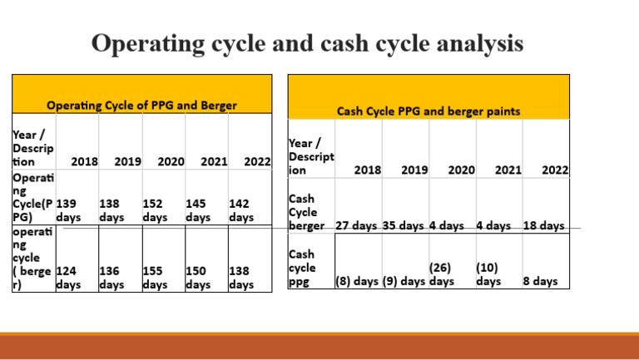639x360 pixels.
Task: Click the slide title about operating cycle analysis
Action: click(x=307, y=43)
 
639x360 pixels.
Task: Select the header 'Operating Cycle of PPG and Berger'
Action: click(x=141, y=106)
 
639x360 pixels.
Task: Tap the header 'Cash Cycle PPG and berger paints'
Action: click(x=428, y=110)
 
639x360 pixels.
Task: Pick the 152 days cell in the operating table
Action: click(x=155, y=210)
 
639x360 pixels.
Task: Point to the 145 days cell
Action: click(x=198, y=210)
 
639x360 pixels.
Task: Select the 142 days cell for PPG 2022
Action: click(x=241, y=210)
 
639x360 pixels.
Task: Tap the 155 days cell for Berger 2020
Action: click(x=155, y=278)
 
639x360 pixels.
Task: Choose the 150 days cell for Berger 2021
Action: click(x=198, y=278)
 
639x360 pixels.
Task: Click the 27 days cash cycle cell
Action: click(x=357, y=225)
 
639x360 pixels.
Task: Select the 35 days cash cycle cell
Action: click(x=404, y=225)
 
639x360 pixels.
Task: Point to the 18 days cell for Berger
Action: click(x=543, y=225)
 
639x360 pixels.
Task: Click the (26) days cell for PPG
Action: click(x=440, y=274)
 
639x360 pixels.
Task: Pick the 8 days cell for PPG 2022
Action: click(x=540, y=281)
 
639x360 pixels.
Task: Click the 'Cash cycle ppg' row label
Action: click(x=302, y=268)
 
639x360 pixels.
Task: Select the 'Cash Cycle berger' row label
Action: click(x=305, y=212)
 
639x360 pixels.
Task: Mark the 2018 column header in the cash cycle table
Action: click(x=367, y=170)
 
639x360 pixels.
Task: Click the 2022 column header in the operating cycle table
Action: click(x=256, y=162)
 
